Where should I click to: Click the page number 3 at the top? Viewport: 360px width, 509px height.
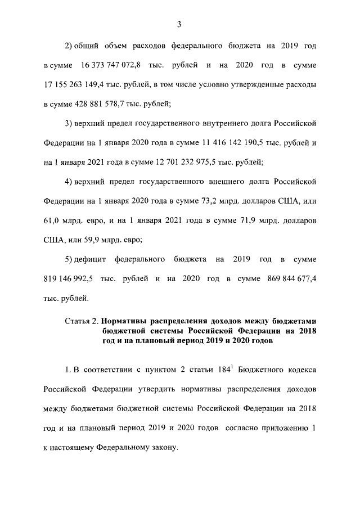(x=179, y=24)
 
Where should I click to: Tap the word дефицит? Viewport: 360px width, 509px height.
(x=92, y=259)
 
